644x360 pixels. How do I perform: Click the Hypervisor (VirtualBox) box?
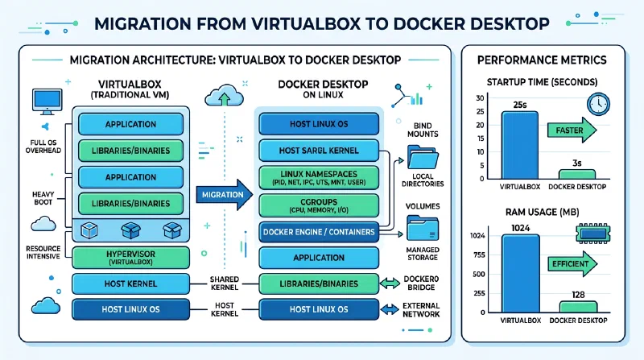point(131,258)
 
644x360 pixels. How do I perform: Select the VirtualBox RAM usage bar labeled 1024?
point(519,274)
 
